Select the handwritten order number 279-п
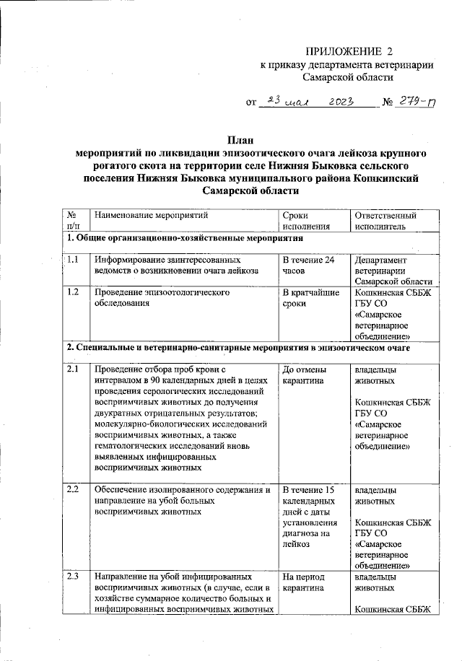pos(416,103)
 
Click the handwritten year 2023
pos(336,103)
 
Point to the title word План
pos(241,140)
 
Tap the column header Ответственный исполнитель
pos(386,221)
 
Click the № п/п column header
pos(73,221)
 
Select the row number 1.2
pos(73,293)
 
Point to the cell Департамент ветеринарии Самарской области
pos(393,271)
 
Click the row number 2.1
pos(73,370)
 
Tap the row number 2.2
pos(73,490)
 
